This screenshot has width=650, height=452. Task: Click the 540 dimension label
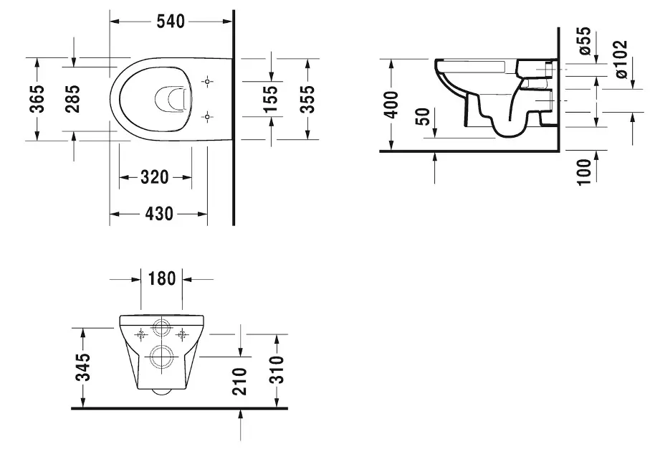tap(171, 22)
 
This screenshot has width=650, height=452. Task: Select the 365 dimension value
tap(37, 99)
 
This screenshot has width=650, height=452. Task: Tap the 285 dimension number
tap(72, 99)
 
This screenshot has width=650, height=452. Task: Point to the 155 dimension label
tap(271, 99)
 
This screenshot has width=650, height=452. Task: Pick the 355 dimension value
tap(307, 99)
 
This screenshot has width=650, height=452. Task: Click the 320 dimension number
tap(155, 177)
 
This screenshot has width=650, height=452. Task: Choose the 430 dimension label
tap(159, 214)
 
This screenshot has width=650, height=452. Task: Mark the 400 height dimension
tap(391, 105)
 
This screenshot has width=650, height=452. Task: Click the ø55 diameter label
tap(585, 41)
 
